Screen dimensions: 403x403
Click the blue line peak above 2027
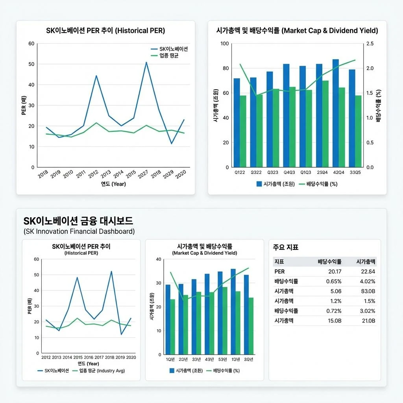[146, 62]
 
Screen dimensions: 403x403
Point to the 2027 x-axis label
[143, 174]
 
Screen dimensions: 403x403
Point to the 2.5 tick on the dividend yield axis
[370, 44]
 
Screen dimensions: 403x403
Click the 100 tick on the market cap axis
[225, 44]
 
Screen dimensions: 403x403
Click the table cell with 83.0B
[368, 291]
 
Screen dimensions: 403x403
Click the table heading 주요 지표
[286, 247]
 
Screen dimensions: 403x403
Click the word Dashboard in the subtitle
[115, 231]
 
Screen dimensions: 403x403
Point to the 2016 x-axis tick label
[89, 357]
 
